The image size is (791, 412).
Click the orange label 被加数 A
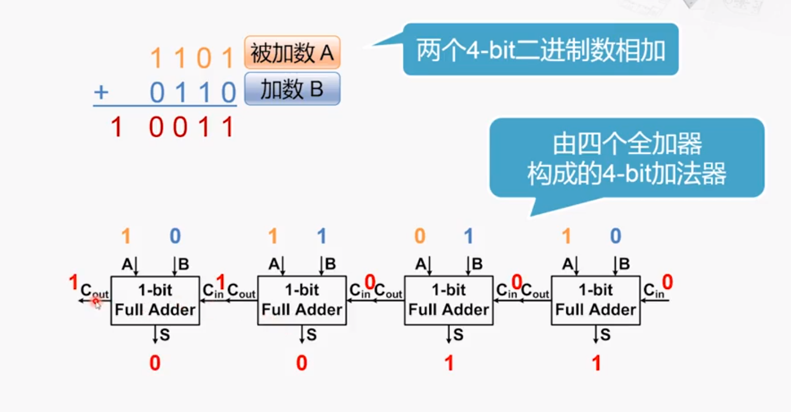[x=292, y=53]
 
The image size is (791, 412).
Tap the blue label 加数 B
[x=292, y=89]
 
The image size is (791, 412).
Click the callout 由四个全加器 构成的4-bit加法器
[x=627, y=158]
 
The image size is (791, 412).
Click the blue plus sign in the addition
[x=101, y=93]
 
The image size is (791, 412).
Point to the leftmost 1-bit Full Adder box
[x=155, y=300]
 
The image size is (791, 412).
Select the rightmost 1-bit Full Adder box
[x=595, y=300]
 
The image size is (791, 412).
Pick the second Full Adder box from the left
[x=302, y=300]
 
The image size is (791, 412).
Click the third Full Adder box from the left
[x=448, y=300]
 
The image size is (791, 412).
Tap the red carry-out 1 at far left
[x=74, y=283]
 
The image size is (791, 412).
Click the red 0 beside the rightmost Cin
[x=667, y=283]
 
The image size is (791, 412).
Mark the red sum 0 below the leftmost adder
[x=154, y=363]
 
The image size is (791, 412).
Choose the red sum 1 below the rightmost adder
[x=596, y=363]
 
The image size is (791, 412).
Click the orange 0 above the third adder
[x=419, y=236]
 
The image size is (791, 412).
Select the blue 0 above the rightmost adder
[x=615, y=236]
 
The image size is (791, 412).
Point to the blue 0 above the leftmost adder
[x=175, y=236]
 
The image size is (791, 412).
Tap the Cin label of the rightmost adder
[x=654, y=291]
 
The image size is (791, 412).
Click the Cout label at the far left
[x=94, y=291]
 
